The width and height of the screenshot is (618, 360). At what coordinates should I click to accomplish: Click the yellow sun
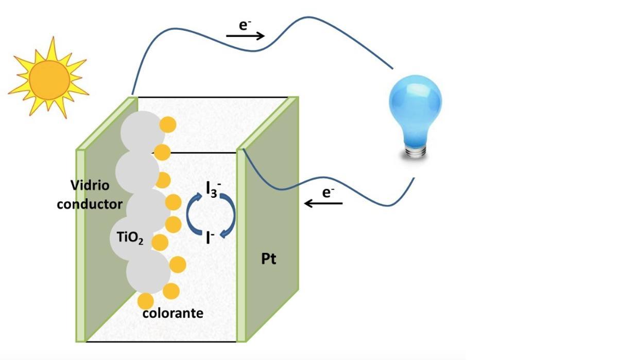coord(49,78)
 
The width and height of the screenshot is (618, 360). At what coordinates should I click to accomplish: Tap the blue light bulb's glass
coord(415,109)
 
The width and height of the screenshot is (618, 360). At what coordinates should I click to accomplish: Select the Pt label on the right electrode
coord(268,259)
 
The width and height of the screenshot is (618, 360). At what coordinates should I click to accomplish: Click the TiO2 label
coord(127,238)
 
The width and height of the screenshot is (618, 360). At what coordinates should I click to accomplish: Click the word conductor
coord(90,204)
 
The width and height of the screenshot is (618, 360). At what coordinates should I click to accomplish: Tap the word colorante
coord(173,313)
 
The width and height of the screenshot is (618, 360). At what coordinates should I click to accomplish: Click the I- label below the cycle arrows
coord(210,237)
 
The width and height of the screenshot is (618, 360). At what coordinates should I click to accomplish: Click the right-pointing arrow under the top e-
coord(245,36)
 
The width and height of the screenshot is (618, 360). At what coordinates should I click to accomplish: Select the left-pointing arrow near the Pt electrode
coord(323,203)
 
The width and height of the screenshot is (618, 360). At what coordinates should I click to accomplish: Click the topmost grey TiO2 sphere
coord(142,131)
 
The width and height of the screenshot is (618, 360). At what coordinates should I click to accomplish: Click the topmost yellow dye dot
coord(167,125)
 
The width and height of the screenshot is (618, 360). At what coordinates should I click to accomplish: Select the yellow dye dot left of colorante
coord(146,301)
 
